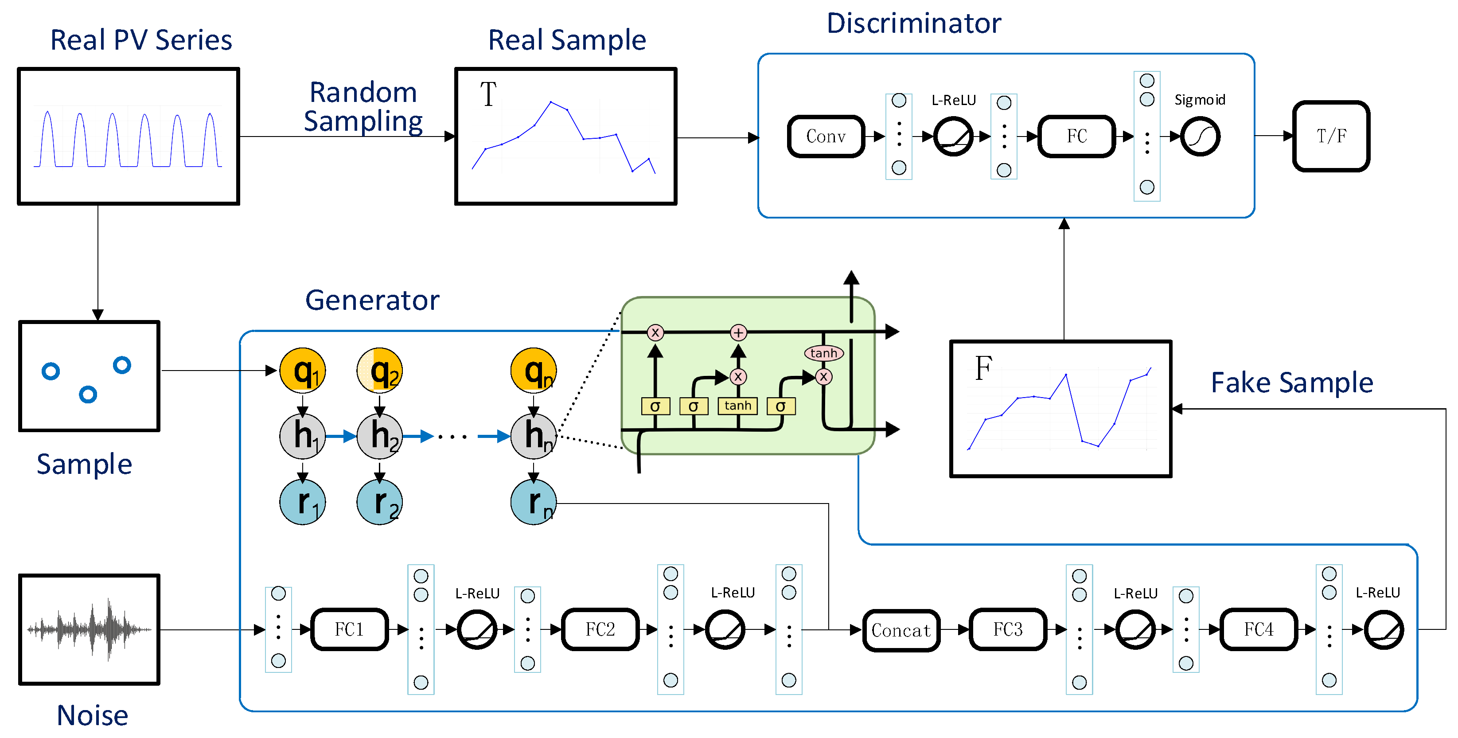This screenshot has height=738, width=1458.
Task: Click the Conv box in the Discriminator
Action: (x=826, y=137)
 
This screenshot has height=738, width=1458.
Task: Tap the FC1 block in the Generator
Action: (x=349, y=629)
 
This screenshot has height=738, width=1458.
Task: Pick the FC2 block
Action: (x=600, y=629)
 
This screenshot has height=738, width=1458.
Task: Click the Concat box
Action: (x=901, y=630)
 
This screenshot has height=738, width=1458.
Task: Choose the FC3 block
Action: (x=1007, y=629)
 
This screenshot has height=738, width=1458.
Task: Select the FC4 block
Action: (x=1258, y=629)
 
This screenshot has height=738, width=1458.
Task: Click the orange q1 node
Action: (x=303, y=371)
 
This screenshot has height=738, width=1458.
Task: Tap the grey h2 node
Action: (x=380, y=436)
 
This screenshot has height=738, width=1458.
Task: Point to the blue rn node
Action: (x=533, y=502)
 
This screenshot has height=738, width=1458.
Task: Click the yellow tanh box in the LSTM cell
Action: (x=737, y=406)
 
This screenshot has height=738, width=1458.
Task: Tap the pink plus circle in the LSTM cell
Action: (x=738, y=333)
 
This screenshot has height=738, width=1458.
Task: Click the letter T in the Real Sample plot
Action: (x=488, y=94)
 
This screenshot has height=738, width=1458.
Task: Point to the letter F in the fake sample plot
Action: (x=983, y=368)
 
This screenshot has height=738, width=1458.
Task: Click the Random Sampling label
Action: (x=363, y=107)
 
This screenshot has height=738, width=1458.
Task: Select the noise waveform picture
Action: (x=90, y=629)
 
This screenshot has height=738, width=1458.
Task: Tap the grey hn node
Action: (x=533, y=436)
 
